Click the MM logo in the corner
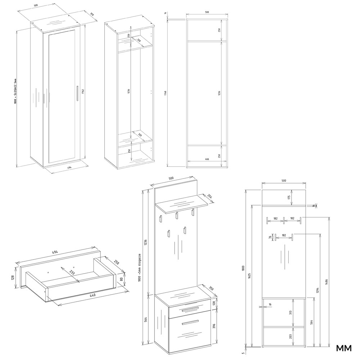344,348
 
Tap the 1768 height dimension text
165,93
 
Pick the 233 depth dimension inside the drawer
72,273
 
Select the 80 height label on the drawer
121,279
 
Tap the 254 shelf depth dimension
210,196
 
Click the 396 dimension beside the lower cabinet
213,326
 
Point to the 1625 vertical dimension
250,275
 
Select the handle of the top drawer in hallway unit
190,309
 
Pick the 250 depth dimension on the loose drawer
116,262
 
